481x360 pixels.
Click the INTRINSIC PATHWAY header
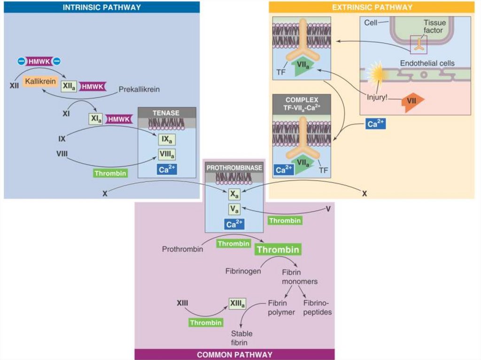click(x=102, y=7)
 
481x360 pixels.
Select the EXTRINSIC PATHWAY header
click(x=372, y=7)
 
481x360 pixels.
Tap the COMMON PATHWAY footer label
click(x=234, y=354)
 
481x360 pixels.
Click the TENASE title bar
click(x=167, y=113)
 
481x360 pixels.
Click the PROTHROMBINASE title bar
click(x=234, y=167)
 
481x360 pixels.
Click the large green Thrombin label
click(x=278, y=249)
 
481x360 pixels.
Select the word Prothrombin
click(x=182, y=249)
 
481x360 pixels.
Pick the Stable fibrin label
click(x=241, y=338)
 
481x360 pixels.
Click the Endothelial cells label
click(x=427, y=63)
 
